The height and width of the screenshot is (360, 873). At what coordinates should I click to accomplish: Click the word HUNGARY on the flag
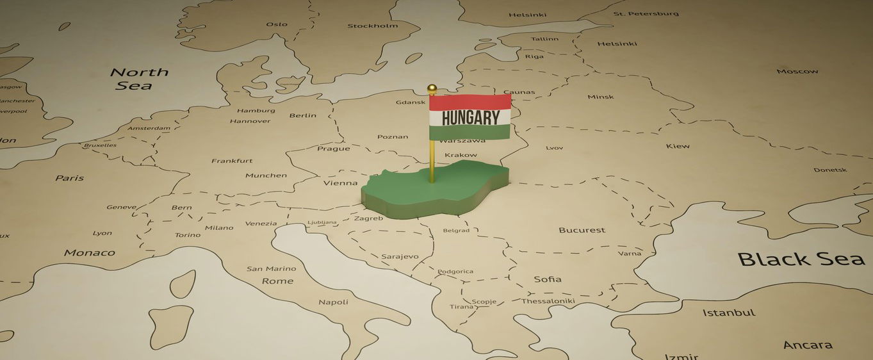click(470, 118)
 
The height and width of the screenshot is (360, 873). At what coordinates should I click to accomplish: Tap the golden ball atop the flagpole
click(432, 88)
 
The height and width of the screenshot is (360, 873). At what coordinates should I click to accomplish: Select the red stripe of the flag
click(470, 102)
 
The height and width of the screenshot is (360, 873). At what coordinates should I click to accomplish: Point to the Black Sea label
click(801, 259)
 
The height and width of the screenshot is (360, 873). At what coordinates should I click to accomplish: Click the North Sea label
click(138, 78)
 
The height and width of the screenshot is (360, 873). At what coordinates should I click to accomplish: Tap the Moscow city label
click(797, 71)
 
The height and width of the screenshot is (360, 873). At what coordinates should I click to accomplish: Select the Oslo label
click(277, 24)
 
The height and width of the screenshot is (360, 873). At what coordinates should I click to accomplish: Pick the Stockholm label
click(372, 26)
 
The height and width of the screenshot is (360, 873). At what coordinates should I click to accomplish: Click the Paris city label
click(69, 178)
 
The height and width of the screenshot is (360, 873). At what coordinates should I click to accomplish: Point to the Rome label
click(277, 281)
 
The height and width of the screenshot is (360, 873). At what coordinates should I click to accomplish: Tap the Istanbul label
click(729, 313)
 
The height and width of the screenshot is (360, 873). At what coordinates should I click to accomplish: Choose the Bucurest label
click(582, 230)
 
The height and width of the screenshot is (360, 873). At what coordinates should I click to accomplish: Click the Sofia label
click(548, 279)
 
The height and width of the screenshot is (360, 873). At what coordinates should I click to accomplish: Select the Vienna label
click(340, 183)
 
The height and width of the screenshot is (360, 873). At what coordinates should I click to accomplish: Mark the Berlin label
click(303, 115)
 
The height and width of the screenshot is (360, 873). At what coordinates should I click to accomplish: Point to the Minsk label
click(600, 97)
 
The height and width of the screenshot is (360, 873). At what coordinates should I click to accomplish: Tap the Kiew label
click(678, 146)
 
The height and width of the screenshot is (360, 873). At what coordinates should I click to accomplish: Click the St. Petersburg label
click(646, 13)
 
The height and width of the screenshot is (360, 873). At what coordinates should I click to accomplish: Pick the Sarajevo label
click(400, 257)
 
